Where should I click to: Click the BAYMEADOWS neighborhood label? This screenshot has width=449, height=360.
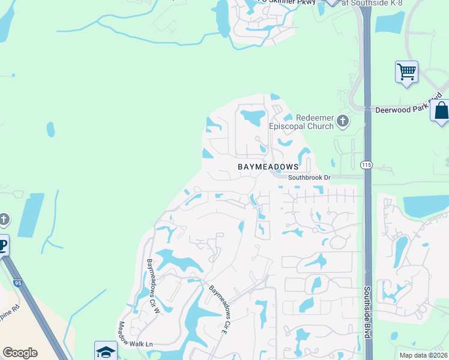[x=268, y=166]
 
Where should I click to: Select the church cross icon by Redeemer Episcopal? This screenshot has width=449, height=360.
[x=343, y=122]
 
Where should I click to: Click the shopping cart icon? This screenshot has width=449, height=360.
[x=406, y=72]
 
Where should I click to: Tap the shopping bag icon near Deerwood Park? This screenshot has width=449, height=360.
[x=441, y=111]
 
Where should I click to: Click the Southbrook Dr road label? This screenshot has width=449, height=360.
[x=309, y=178]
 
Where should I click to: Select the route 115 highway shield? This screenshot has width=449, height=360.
[x=366, y=164]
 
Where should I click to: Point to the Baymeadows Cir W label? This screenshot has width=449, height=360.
[x=152, y=286]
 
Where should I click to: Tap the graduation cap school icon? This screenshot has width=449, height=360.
[x=105, y=352]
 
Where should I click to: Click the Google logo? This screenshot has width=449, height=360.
[x=20, y=353]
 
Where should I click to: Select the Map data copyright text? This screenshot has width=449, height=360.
[x=424, y=355]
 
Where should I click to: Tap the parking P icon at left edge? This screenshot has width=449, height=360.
[x=3, y=245]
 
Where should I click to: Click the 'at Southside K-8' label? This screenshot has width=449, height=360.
[x=372, y=3]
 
